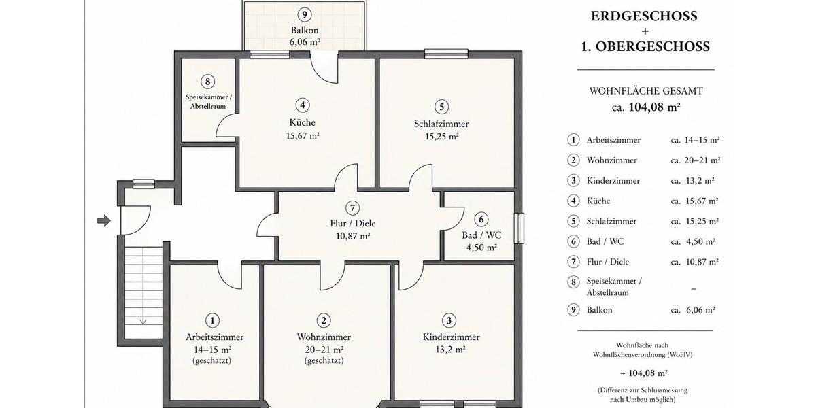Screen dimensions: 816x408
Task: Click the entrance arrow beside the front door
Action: click(x=104, y=220)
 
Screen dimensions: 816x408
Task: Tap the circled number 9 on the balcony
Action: click(x=305, y=15)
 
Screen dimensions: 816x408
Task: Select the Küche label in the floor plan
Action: click(x=303, y=122)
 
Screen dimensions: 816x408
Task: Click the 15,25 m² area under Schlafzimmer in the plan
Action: click(x=441, y=137)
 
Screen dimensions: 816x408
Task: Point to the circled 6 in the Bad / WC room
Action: click(x=481, y=219)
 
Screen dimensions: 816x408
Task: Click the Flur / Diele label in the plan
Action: click(x=353, y=223)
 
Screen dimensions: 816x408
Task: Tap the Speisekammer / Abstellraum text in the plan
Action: click(x=208, y=101)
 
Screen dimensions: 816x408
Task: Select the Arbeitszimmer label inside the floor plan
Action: click(x=215, y=337)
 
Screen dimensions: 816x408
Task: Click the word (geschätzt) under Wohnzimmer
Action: click(x=324, y=360)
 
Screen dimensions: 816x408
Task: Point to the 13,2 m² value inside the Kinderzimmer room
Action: click(x=451, y=350)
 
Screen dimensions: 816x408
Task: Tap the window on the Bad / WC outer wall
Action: click(x=519, y=228)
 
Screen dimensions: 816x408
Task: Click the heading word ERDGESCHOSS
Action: click(x=644, y=16)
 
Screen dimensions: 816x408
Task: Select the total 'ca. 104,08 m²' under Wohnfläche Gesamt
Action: click(x=646, y=108)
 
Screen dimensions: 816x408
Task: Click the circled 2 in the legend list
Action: click(x=573, y=160)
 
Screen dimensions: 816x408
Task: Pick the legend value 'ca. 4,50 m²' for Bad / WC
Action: click(x=693, y=241)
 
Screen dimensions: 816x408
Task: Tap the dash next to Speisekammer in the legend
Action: click(x=694, y=289)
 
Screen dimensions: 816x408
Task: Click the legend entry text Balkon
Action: click(x=599, y=310)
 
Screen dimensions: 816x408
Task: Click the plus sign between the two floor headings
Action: click(x=645, y=31)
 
